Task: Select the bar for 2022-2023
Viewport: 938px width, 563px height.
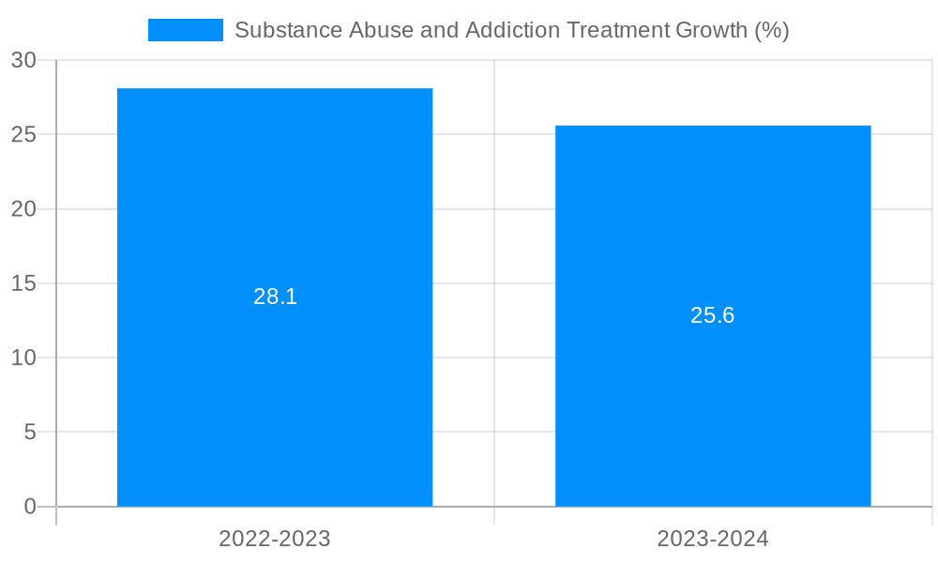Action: click(x=275, y=375)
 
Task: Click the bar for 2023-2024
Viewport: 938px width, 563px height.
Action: click(x=713, y=394)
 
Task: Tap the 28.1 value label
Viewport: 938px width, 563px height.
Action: click(x=275, y=297)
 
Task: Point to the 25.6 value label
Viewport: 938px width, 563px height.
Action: click(x=713, y=315)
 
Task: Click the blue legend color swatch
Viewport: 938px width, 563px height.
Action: click(x=186, y=30)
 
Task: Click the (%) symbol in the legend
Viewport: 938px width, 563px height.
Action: click(x=772, y=30)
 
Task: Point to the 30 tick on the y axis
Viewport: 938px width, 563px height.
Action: click(x=23, y=60)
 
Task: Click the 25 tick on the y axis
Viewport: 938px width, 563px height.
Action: click(x=23, y=134)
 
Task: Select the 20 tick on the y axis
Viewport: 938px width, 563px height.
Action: click(x=23, y=209)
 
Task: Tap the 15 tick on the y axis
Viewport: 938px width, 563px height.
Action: click(x=23, y=283)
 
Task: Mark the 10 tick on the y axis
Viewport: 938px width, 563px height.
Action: click(x=23, y=358)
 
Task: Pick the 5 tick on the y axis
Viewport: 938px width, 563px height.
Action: click(x=29, y=433)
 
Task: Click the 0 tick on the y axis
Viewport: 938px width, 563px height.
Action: click(x=29, y=507)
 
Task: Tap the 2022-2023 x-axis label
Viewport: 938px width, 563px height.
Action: click(x=275, y=539)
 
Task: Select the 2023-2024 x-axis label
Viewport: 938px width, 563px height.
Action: click(x=713, y=539)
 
